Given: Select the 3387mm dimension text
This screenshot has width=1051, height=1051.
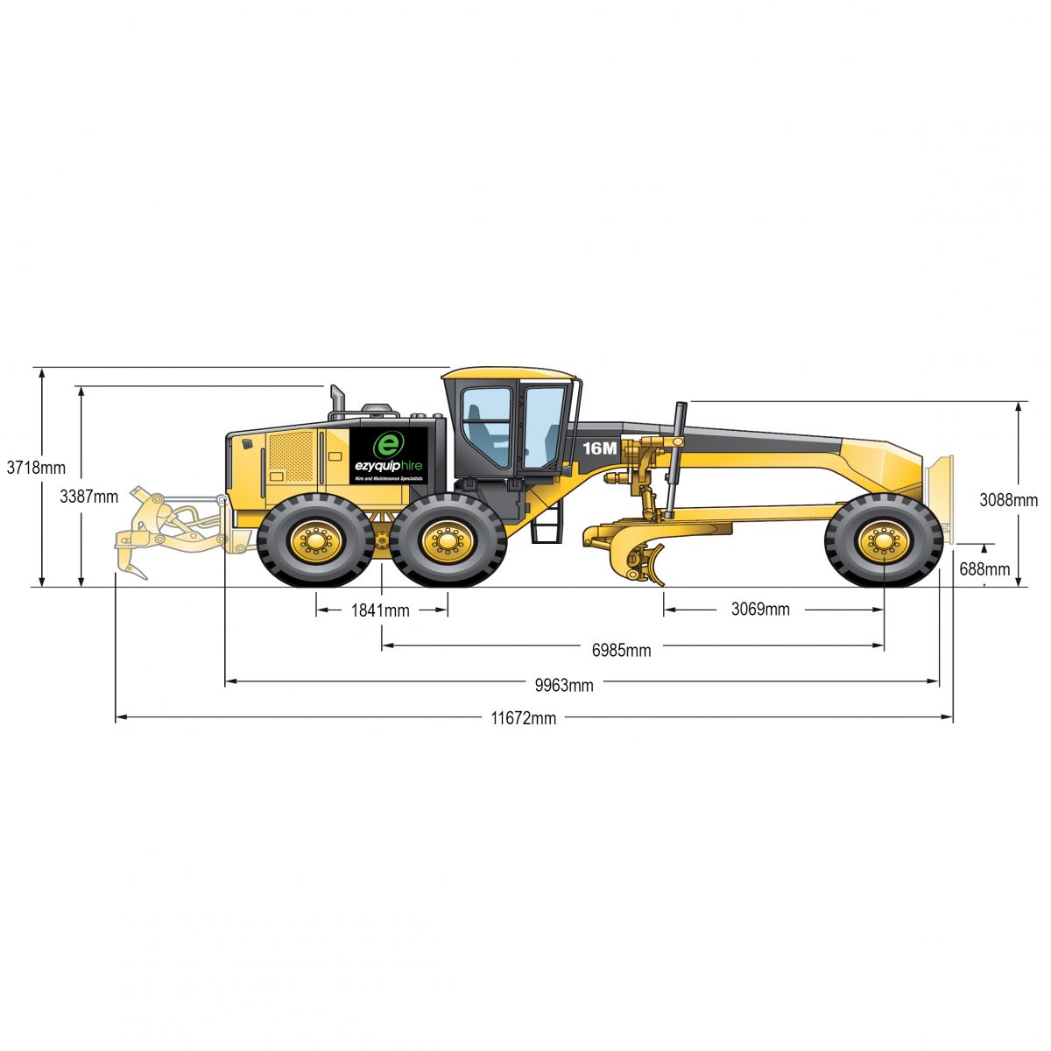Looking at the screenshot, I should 88,497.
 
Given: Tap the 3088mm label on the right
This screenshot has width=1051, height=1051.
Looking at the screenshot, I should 1009,500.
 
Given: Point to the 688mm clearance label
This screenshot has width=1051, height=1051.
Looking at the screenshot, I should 984,568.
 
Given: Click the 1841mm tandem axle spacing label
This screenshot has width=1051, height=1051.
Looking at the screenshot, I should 380,610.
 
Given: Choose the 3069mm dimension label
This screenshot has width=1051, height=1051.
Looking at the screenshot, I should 760,609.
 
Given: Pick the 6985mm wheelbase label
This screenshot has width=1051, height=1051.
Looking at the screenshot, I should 621,649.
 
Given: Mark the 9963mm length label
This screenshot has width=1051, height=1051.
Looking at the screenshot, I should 564,685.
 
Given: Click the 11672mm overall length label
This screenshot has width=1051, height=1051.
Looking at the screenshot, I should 523,718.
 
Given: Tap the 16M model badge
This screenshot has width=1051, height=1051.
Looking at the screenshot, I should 600,448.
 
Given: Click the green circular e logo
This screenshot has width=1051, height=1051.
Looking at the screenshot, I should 387,444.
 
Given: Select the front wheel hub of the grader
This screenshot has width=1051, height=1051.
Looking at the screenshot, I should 883,541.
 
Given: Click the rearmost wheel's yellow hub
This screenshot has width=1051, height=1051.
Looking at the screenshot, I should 315,541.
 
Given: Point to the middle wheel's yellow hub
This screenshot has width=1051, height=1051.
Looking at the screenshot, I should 448,541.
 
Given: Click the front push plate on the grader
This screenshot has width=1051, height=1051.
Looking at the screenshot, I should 939,496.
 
